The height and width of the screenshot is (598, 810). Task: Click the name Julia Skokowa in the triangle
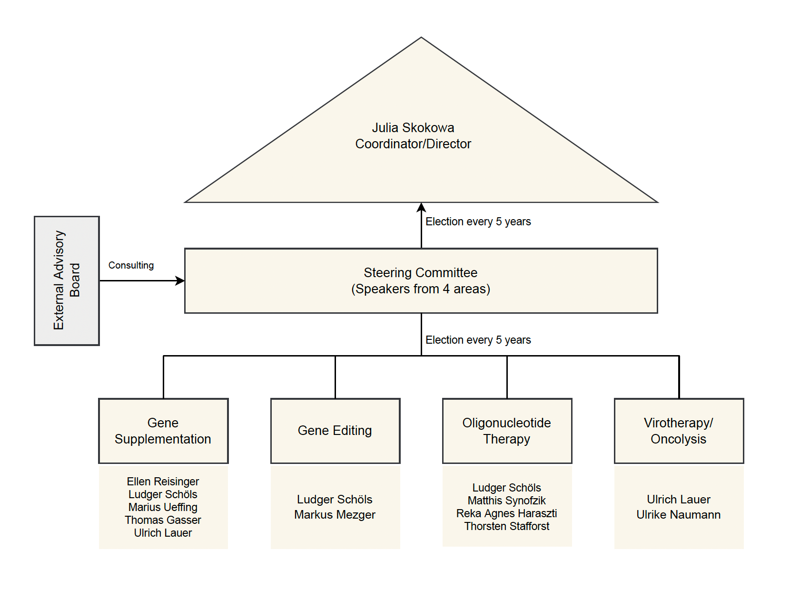413,128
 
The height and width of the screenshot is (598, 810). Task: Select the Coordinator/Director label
413,144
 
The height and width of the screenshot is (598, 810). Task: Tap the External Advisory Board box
67,280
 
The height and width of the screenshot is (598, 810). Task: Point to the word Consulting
131,265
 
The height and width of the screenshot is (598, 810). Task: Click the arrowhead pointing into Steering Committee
180,280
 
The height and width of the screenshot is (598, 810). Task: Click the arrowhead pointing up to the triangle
421,207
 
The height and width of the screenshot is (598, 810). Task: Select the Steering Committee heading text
420,273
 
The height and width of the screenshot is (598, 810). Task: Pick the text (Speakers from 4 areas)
420,289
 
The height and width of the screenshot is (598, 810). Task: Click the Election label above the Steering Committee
478,222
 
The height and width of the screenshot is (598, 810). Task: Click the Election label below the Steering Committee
478,340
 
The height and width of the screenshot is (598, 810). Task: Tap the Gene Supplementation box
163,431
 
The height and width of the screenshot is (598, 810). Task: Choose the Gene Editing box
335,431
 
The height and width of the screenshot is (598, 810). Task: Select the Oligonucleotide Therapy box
507,431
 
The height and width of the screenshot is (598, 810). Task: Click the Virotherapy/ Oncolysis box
679,431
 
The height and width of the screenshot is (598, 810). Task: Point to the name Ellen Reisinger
163,482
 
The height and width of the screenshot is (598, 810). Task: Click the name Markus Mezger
335,515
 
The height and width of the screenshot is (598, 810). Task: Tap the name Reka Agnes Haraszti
506,513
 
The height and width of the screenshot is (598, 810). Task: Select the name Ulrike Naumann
678,515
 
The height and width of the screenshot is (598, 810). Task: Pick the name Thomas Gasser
163,520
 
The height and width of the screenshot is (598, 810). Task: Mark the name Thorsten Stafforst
506,526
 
